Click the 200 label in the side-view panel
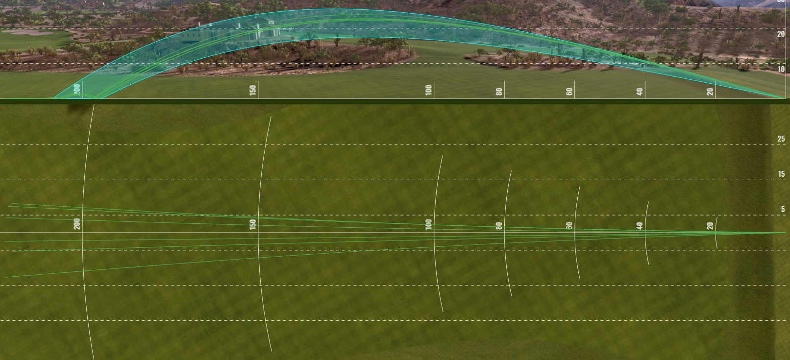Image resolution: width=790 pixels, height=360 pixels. [x=77, y=90]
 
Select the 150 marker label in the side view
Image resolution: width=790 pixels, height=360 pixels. [x=253, y=90]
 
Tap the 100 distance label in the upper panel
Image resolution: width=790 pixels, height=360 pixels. [x=429, y=90]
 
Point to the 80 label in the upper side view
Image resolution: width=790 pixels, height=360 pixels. [x=499, y=91]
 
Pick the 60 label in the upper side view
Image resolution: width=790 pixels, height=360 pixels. [x=569, y=91]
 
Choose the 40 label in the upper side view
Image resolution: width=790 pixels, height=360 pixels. [x=640, y=91]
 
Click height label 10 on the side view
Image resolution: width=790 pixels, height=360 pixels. [x=781, y=69]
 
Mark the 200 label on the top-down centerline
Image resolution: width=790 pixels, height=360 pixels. [x=77, y=224]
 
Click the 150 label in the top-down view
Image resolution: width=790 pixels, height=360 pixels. [x=253, y=224]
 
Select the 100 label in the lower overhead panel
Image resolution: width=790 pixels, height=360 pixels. [x=429, y=225]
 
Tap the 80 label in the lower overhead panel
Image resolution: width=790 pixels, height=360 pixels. [x=499, y=226]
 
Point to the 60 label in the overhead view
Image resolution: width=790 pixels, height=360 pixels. [x=569, y=226]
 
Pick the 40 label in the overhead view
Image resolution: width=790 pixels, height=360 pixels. [x=640, y=226]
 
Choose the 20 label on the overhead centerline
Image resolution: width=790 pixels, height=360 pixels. [x=710, y=226]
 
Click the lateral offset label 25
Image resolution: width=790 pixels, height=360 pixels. [x=781, y=139]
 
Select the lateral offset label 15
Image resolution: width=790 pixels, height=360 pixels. [x=781, y=174]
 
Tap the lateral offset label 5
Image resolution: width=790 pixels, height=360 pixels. [x=783, y=209]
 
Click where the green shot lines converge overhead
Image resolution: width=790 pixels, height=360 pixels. [x=783, y=233]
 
